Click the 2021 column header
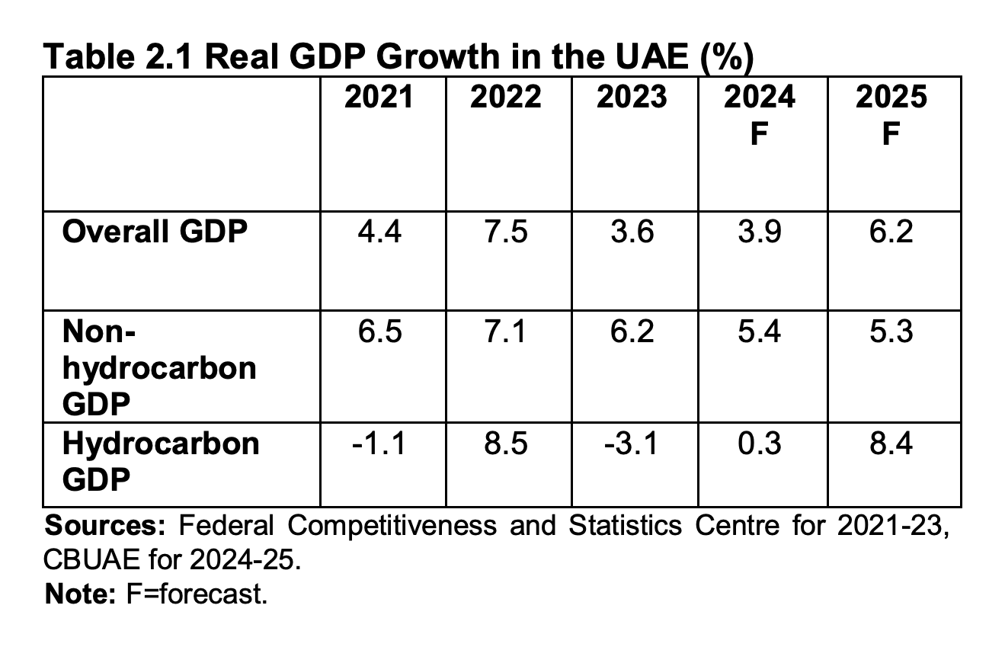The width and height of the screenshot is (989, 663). tap(379, 98)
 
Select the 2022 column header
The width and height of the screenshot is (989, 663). tap(506, 98)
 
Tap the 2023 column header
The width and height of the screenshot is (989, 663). tap(632, 98)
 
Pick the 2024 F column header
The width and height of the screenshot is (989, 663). tap(759, 114)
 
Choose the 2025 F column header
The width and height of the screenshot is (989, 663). tap(891, 114)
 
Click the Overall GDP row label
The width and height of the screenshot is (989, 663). tap(155, 232)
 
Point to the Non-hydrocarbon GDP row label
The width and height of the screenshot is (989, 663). tap(159, 368)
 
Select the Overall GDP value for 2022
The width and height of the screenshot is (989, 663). tap(506, 232)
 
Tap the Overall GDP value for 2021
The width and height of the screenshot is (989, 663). tap(379, 232)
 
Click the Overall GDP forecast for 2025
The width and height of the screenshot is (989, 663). tap(891, 232)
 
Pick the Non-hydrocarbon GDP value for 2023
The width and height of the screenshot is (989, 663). tap(632, 331)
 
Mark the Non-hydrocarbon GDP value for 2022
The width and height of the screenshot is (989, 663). tap(506, 331)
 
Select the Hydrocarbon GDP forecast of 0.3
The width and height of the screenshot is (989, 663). tap(759, 443)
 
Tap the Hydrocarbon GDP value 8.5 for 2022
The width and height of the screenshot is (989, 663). tap(506, 443)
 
